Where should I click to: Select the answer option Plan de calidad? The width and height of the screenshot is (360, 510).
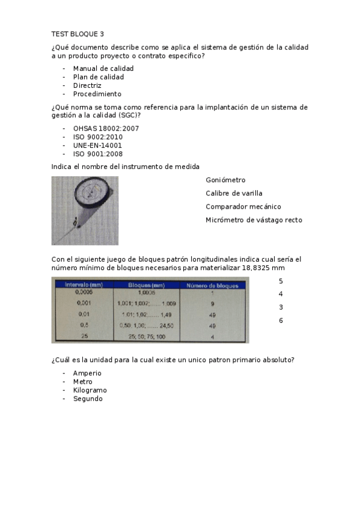pos(98,77)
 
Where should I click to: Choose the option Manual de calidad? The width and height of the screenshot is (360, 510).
pos(103,69)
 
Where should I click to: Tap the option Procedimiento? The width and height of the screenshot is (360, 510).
pos(97,94)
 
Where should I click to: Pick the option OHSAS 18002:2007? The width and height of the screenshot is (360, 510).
pos(106,129)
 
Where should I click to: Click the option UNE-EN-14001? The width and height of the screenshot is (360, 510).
pos(97,146)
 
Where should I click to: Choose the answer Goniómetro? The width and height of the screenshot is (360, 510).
pos(225,180)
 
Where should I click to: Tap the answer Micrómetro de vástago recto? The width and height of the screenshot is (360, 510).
pos(254,220)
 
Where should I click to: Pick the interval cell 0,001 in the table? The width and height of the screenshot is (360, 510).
pos(84,303)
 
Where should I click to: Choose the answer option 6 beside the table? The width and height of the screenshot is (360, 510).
pos(281,321)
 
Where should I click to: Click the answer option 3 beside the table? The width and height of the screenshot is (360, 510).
pos(281,307)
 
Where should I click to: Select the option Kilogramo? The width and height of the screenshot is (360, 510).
pos(90,390)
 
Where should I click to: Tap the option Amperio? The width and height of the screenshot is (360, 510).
pos(87,373)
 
